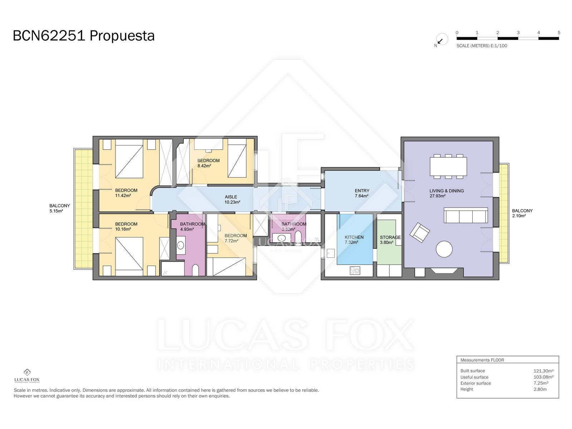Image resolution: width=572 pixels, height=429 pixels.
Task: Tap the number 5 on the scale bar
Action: (559, 33)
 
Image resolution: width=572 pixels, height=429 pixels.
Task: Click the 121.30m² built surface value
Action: (543, 371)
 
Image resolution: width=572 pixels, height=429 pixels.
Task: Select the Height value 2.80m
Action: (540, 389)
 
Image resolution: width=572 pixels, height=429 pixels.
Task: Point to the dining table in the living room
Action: (448, 166)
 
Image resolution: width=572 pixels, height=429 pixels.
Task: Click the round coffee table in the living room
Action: (444, 249)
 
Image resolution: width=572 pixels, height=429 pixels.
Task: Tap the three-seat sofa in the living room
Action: (466, 215)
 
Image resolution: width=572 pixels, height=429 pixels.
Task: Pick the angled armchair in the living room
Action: (420, 232)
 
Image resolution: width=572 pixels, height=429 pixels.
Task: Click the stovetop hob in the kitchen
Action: (355, 270)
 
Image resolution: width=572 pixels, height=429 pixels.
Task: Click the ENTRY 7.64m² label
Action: (362, 193)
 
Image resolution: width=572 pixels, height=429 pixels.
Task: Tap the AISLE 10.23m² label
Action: (232, 199)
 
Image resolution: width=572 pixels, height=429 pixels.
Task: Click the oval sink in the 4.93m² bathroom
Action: (181, 245)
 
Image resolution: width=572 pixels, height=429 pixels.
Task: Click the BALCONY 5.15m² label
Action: (60, 208)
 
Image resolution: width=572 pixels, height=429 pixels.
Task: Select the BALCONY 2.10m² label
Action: (522, 213)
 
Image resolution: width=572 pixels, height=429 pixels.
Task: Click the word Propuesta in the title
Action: (122, 36)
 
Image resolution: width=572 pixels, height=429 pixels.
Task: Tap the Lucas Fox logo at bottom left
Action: (27, 376)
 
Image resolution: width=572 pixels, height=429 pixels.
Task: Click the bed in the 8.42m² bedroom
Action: (237, 158)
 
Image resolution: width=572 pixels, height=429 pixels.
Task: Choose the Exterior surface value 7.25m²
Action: (541, 383)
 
